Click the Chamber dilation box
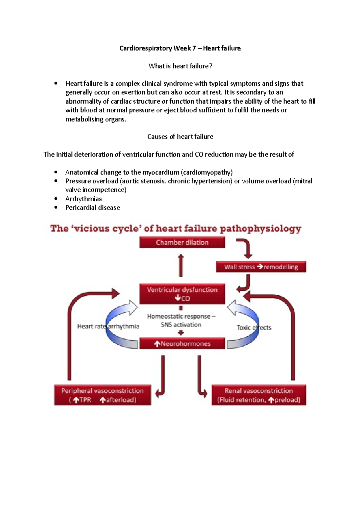point(182,243)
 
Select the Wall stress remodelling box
point(261,267)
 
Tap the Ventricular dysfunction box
point(182,294)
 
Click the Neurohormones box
point(182,344)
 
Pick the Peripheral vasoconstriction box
point(102,395)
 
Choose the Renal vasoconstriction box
point(259,395)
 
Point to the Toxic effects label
point(254,327)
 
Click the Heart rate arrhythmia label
point(108,326)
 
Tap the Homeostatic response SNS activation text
point(181,320)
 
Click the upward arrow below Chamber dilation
point(181,265)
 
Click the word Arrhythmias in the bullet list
point(83,199)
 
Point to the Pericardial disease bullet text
point(92,207)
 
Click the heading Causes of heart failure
point(180,137)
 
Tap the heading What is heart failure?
point(180,66)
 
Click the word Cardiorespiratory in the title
point(145,48)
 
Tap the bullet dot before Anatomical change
point(56,172)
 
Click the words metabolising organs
point(95,119)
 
